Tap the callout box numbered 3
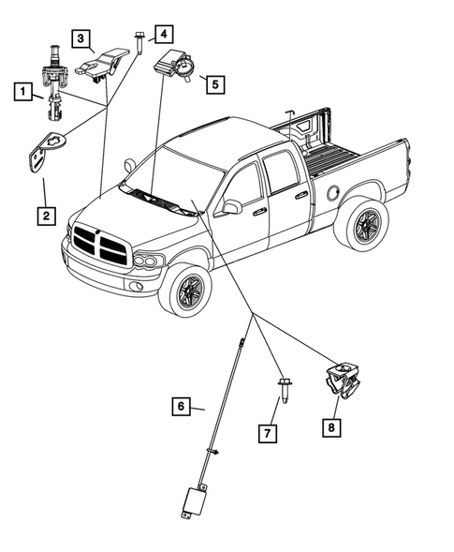(84, 39)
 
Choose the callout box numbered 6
(182, 407)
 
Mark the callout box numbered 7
(269, 432)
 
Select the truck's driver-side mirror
(230, 207)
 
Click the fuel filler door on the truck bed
(332, 190)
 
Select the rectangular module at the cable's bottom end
(196, 498)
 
